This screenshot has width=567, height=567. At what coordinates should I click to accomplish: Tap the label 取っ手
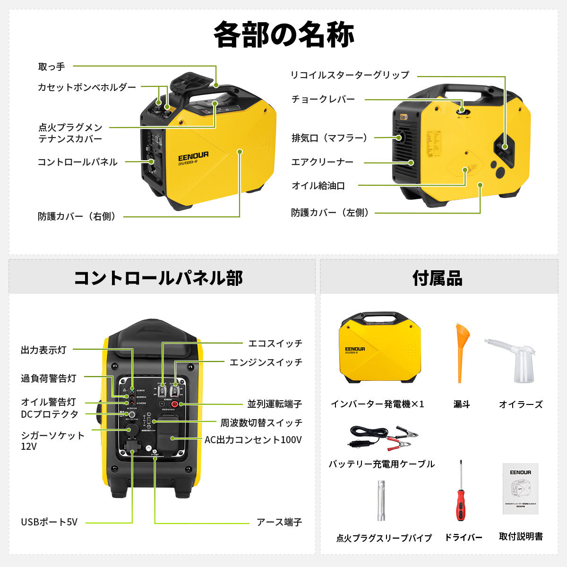coord(52,67)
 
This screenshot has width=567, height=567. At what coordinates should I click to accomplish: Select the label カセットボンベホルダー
coord(87,87)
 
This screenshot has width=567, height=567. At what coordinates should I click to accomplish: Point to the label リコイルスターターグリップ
coord(350,75)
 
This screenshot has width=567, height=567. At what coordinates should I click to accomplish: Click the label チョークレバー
coord(323,99)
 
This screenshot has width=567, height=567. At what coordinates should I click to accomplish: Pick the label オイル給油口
coord(318,186)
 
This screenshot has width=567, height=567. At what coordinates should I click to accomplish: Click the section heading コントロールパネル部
coord(158,277)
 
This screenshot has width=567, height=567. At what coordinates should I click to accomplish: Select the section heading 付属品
coord(438,278)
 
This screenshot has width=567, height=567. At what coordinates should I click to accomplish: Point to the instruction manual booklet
coord(520,489)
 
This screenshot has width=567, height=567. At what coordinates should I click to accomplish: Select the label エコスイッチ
coord(275,344)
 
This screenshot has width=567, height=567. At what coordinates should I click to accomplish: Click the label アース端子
coord(279,522)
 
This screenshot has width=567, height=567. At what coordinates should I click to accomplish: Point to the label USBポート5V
coord(49,522)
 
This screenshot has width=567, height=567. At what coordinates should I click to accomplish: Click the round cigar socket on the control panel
coord(132,429)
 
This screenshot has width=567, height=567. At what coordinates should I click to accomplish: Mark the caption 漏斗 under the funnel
coord(462,404)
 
